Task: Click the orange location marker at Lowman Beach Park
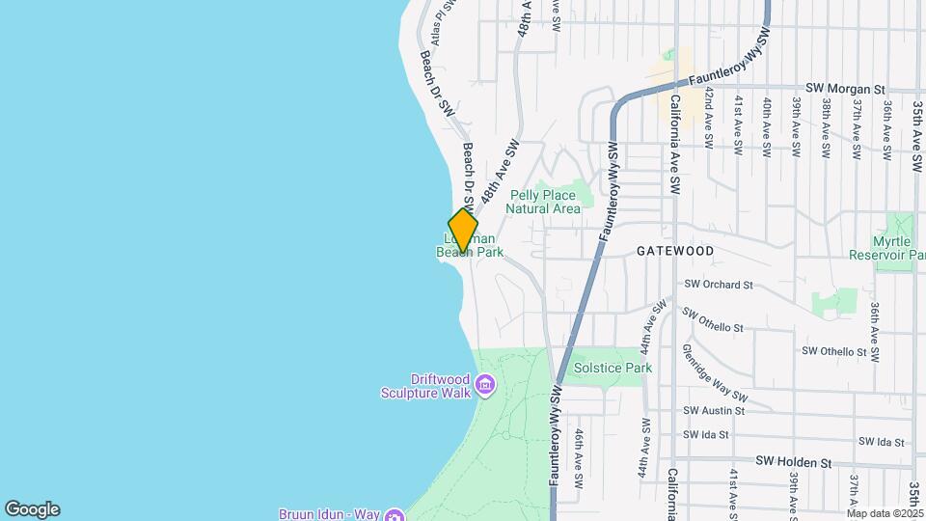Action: pos(463,232)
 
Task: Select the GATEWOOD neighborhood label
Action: pos(675,251)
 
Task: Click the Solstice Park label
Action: pos(613,368)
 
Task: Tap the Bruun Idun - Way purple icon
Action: pos(393,514)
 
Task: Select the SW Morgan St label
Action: pos(845,89)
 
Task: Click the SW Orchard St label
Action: pos(718,285)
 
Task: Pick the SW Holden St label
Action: pos(793,463)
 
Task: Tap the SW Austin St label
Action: pos(714,410)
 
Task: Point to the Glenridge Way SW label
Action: pos(715,372)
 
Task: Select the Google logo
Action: pos(32,509)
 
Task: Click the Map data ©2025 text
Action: pos(885,513)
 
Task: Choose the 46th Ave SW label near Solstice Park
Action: pos(579,458)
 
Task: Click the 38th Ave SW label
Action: pos(826,127)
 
